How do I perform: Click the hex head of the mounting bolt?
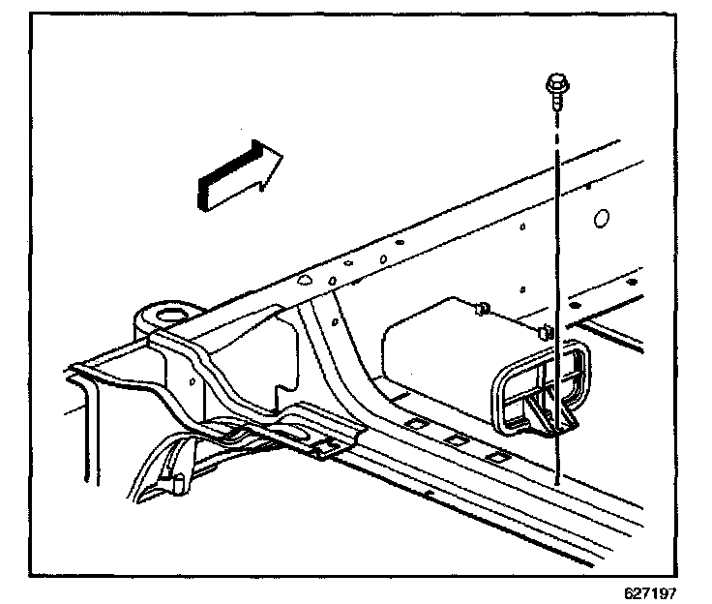pos(555,82)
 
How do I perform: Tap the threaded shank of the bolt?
pos(556,101)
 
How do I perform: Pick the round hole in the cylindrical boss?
pos(171,313)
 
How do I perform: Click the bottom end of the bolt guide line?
pos(558,482)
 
